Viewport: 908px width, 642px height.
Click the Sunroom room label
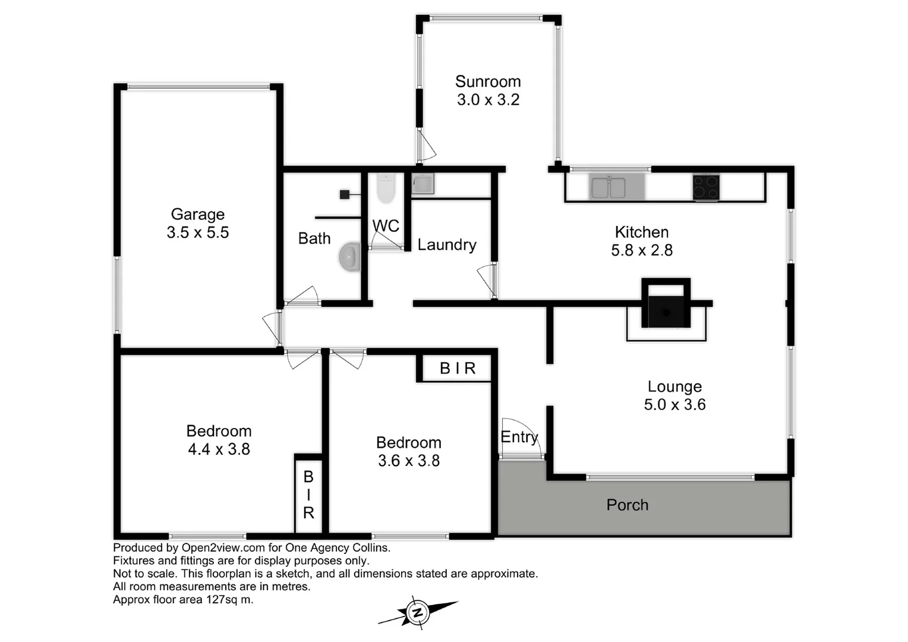(x=488, y=81)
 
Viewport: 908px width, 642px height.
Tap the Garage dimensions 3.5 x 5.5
(x=197, y=232)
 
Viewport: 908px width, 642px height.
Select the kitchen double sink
(x=608, y=187)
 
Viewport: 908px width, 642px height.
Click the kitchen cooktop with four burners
(x=706, y=187)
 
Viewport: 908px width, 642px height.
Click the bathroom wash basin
(x=351, y=257)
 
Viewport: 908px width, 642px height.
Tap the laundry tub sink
(x=423, y=184)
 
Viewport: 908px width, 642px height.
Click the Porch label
(x=627, y=505)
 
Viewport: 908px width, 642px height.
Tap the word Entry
(x=519, y=437)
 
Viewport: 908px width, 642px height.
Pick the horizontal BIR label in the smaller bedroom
(x=458, y=369)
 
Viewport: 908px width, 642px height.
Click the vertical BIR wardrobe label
(x=308, y=495)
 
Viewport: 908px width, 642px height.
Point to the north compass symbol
(x=418, y=612)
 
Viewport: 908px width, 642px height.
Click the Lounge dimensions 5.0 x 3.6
(x=674, y=405)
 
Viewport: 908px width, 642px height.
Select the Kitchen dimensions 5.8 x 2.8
(x=642, y=250)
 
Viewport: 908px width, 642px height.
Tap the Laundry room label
(x=447, y=245)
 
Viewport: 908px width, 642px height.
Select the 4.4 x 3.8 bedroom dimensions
(x=219, y=449)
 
